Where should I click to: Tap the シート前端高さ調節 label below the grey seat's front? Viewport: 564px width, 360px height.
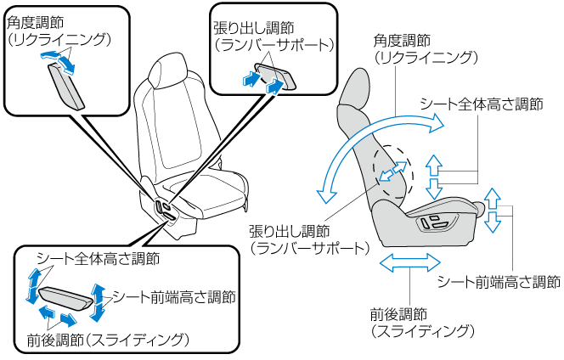[499, 281]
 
